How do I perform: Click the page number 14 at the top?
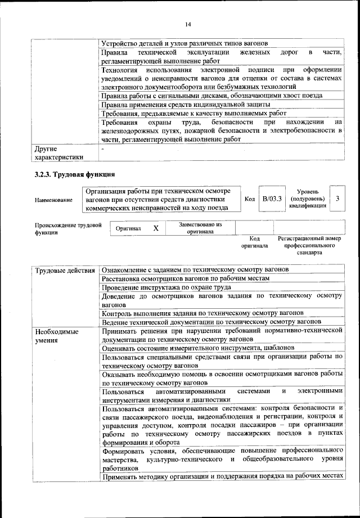(x=187, y=24)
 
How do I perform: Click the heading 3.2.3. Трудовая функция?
(x=75, y=174)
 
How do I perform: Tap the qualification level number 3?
(x=337, y=199)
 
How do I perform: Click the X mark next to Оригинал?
(x=156, y=228)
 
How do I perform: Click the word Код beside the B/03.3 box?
(x=250, y=199)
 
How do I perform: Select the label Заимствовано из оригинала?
(x=200, y=228)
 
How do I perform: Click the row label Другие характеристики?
(x=58, y=153)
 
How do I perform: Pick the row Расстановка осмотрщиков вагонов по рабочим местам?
(x=186, y=278)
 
